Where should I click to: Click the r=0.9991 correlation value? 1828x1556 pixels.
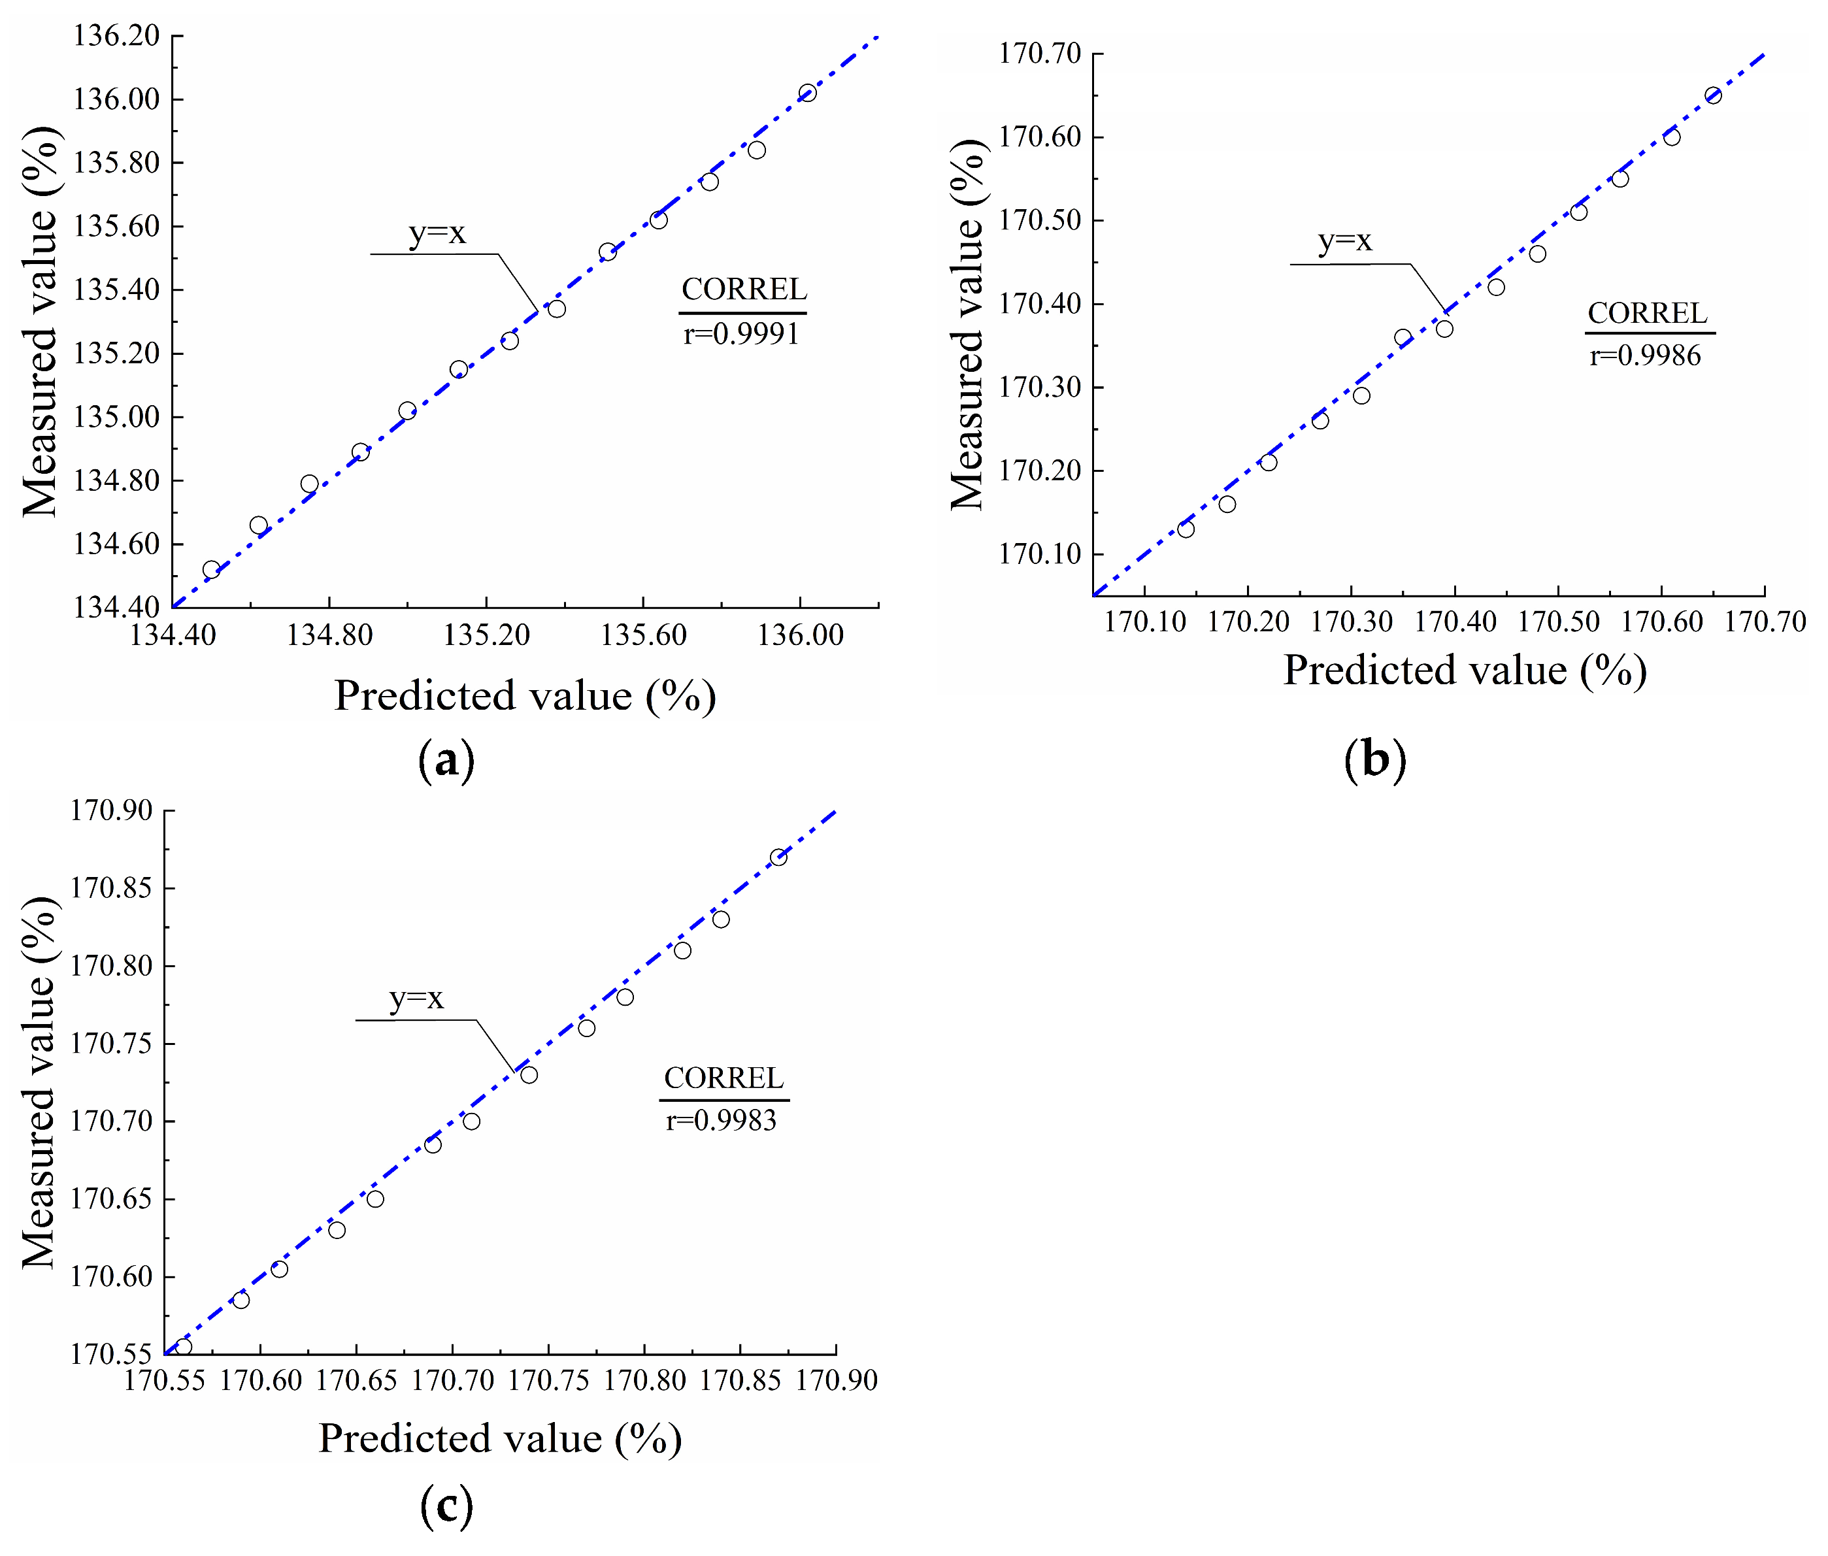coord(741,335)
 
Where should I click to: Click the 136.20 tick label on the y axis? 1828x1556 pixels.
coord(116,36)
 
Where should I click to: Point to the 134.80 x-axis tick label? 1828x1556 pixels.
coord(329,635)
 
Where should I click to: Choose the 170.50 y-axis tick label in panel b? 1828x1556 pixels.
coord(1039,220)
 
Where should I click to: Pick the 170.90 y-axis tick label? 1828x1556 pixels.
coord(111,810)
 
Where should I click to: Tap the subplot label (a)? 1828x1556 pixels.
coord(446,759)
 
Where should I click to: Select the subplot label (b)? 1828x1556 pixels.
coord(1374,759)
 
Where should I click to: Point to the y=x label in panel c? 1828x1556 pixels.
coord(416,999)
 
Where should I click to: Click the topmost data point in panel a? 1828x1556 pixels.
coord(807,93)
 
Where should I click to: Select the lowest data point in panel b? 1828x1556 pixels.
coord(1186,529)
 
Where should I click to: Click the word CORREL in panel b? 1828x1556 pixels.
coord(1647,313)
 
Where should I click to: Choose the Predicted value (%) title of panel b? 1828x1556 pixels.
coord(1465,670)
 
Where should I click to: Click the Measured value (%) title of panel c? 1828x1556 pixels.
coord(40,1084)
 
